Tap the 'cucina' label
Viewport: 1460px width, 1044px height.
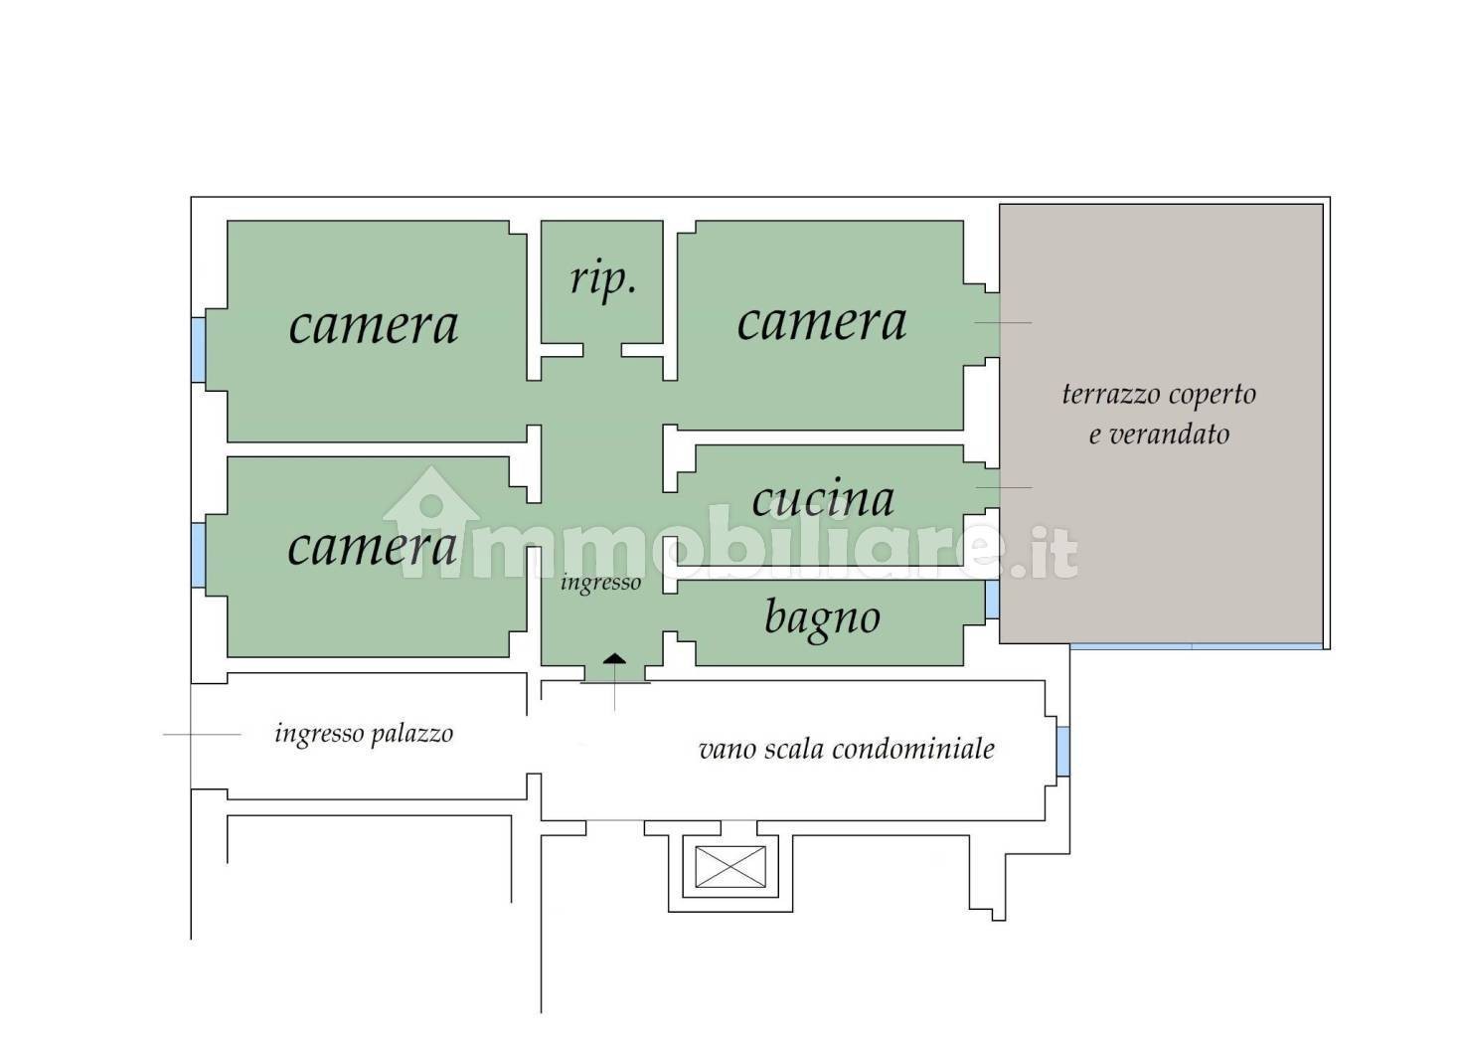point(823,499)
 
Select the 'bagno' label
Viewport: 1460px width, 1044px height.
point(823,618)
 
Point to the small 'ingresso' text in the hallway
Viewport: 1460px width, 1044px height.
point(600,583)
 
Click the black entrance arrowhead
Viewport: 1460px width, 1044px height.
point(614,658)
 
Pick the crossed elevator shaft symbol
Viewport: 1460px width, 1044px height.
point(730,867)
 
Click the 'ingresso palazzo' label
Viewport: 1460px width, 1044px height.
point(364,734)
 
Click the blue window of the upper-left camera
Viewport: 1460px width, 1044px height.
point(198,350)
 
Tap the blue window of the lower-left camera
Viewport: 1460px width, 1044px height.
point(198,555)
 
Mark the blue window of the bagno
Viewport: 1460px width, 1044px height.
point(992,600)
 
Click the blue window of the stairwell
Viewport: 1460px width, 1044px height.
point(1062,752)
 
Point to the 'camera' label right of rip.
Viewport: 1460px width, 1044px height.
point(821,323)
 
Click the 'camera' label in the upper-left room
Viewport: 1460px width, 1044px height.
point(374,326)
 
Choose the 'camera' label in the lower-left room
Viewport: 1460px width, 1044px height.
point(372,547)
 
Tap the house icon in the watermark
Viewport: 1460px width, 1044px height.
point(430,522)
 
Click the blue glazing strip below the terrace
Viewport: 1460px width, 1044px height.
point(1196,646)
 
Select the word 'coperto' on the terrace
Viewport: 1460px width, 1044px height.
point(1213,395)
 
